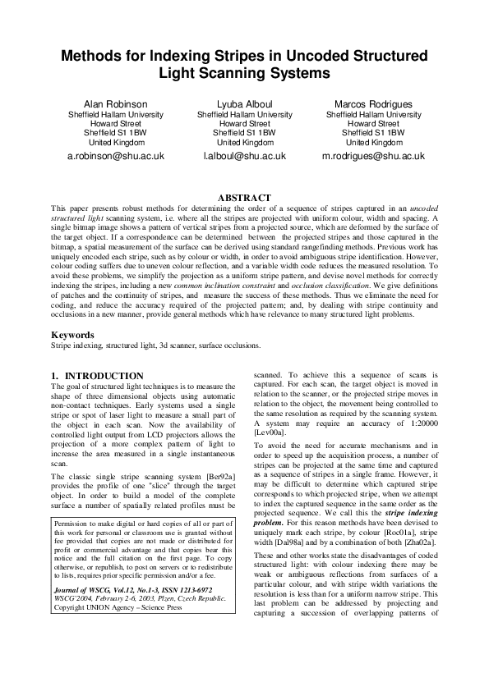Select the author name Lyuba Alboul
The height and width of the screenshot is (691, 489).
[244, 105]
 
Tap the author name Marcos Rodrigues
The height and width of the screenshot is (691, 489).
[373, 105]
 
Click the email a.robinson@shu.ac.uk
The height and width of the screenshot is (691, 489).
[116, 155]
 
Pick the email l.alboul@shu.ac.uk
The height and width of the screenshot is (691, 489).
[244, 155]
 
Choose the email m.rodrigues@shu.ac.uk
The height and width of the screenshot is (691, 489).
[373, 155]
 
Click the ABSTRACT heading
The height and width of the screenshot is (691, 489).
[244, 198]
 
